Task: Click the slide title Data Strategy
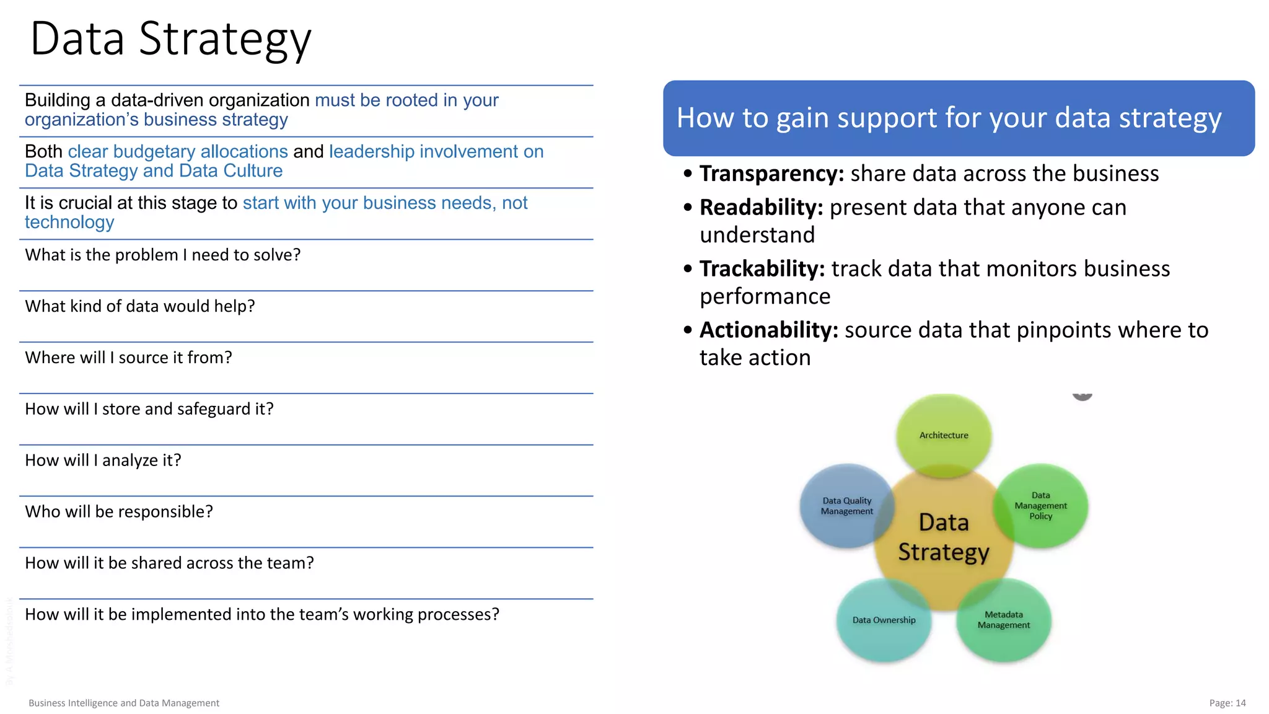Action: tap(170, 38)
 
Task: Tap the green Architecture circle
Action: tap(943, 435)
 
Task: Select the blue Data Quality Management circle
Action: tap(846, 506)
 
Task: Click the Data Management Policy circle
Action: tap(1041, 506)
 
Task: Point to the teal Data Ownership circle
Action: tap(884, 620)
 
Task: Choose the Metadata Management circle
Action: tap(1004, 620)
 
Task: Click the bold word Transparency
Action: tap(771, 174)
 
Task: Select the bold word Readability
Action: tap(761, 208)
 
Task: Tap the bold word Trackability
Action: tap(762, 269)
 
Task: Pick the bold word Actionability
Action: tap(768, 330)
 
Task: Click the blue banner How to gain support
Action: tap(958, 118)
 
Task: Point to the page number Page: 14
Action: tap(1227, 703)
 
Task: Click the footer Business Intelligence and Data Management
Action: tap(124, 703)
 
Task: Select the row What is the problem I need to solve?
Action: tap(162, 255)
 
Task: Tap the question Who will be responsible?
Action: tap(119, 512)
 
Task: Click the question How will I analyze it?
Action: tap(103, 461)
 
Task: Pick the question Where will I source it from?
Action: tap(128, 358)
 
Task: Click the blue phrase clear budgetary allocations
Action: tap(178, 152)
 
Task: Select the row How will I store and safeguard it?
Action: tap(149, 409)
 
